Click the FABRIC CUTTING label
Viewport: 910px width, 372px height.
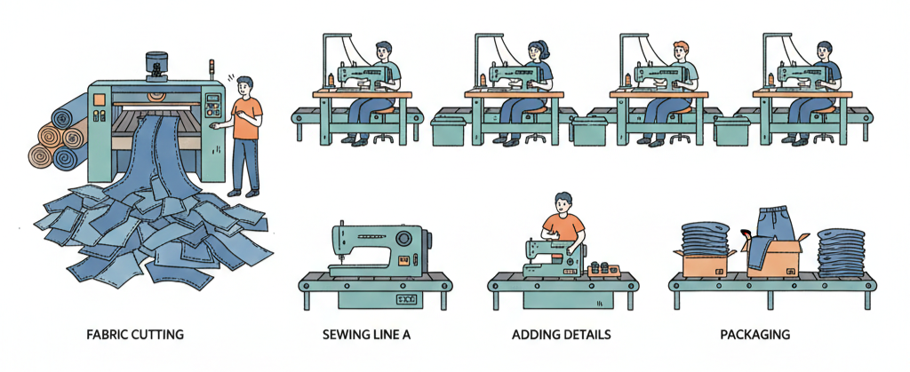click(x=135, y=335)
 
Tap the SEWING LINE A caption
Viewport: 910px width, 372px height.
click(x=366, y=335)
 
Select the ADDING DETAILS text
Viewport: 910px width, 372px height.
click(x=562, y=335)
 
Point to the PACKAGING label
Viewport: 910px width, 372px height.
click(x=754, y=335)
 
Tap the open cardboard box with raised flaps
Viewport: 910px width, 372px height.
click(x=774, y=255)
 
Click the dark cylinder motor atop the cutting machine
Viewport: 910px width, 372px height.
click(x=156, y=67)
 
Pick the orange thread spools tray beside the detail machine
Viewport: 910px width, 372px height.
click(x=604, y=271)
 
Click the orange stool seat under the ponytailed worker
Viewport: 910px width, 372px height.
click(x=538, y=109)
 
